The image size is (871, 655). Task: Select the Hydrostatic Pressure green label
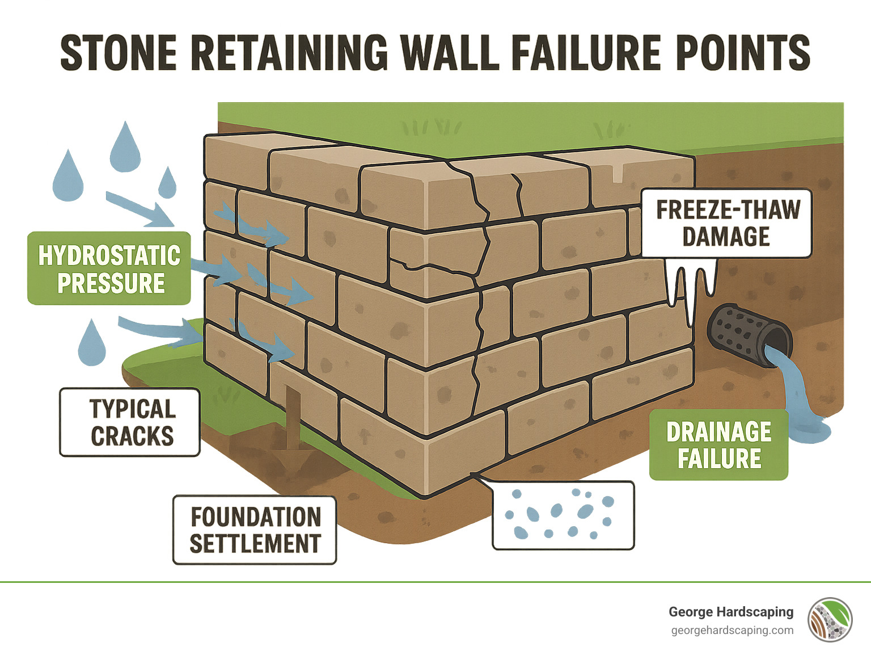(x=109, y=268)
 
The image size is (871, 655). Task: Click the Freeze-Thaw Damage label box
(x=726, y=223)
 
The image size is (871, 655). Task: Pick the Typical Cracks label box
(x=130, y=422)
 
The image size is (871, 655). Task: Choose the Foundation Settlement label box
(x=255, y=530)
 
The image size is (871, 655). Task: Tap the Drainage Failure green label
(x=718, y=445)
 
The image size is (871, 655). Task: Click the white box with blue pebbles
(x=563, y=515)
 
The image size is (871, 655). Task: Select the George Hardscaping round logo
(x=830, y=619)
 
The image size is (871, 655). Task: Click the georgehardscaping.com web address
(x=732, y=631)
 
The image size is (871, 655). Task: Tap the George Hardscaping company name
(x=731, y=612)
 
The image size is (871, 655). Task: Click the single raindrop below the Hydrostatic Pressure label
(x=92, y=344)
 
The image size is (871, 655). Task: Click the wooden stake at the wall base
(x=293, y=417)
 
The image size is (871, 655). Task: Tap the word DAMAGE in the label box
(x=726, y=237)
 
